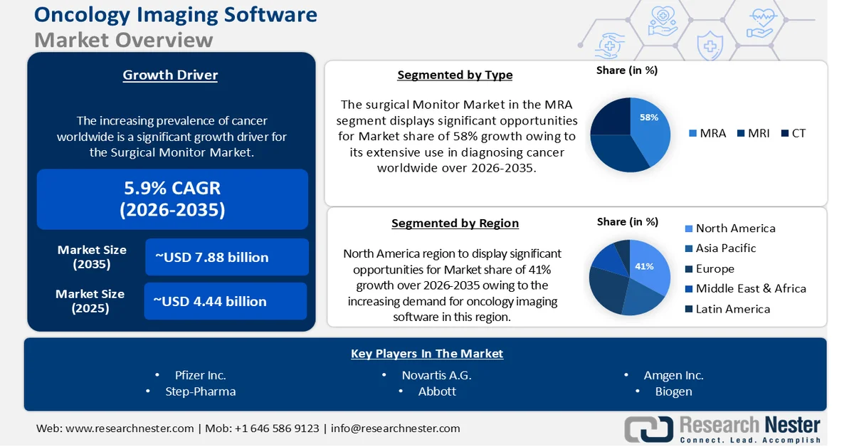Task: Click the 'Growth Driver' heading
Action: (x=170, y=75)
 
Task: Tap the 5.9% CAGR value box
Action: (x=172, y=199)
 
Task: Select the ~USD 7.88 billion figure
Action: (x=226, y=257)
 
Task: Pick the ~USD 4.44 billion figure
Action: (x=225, y=301)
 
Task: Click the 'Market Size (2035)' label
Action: (x=92, y=257)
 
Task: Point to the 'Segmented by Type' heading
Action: (x=455, y=75)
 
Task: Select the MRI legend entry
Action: (x=754, y=133)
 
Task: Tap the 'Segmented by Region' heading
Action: (x=455, y=223)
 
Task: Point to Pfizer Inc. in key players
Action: (x=200, y=375)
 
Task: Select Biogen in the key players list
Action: (x=673, y=391)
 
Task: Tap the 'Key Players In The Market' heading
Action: (x=427, y=354)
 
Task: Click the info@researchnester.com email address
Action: (x=395, y=428)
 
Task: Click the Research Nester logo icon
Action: (x=648, y=428)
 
